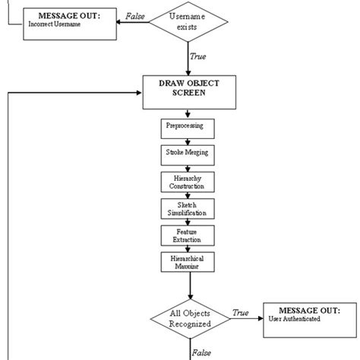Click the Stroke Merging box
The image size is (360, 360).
coord(182,153)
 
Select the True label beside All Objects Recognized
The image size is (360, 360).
coord(241,311)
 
